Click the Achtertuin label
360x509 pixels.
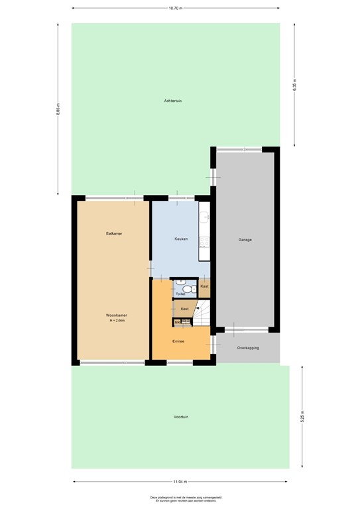click(173, 101)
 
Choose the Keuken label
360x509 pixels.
click(181, 239)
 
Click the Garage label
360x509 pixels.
click(245, 239)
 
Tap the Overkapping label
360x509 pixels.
click(248, 348)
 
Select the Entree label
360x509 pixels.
click(178, 342)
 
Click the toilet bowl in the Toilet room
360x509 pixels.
click(188, 289)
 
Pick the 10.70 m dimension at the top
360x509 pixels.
click(176, 9)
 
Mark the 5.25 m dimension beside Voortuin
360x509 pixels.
click(302, 417)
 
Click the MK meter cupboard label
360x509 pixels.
click(178, 322)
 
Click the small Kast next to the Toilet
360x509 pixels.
click(204, 286)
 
